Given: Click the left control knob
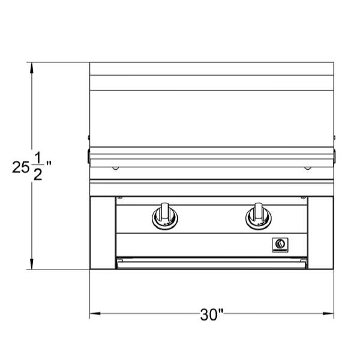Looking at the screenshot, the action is point(164,216).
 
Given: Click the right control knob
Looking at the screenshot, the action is point(258,216).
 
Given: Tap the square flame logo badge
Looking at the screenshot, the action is point(280,245).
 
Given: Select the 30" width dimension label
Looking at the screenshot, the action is point(212,315).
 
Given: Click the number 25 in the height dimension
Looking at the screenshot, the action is point(20,167).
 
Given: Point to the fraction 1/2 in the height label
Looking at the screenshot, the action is point(38,166).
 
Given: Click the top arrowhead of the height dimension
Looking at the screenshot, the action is point(32,68).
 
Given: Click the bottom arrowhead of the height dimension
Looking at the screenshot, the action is point(32,264).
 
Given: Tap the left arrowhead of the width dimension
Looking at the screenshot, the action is point(95,313).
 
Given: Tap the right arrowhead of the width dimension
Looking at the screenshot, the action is point(328,313).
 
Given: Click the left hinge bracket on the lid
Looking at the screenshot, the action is point(89,157).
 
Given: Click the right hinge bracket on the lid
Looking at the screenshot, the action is point(335,157).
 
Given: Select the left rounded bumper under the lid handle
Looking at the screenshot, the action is point(115,168).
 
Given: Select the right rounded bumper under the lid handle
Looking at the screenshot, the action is point(308,168).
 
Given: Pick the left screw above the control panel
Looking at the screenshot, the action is point(120,197).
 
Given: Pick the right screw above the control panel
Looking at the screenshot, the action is point(303,197).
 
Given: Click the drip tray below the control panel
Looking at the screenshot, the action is point(211,263).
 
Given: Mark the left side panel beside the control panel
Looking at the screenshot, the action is point(103,233).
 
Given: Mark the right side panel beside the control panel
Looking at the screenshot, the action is point(320,233).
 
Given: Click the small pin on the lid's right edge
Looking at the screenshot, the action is point(335,137).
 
